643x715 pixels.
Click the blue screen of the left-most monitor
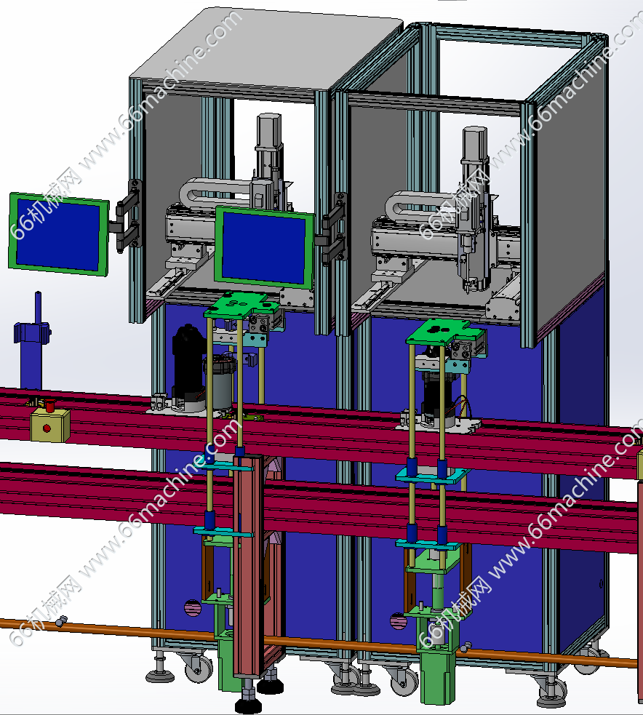tap(58, 234)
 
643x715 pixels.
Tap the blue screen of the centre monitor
tap(265, 249)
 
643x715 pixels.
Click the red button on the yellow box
tap(47, 428)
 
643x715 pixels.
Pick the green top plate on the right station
tap(438, 332)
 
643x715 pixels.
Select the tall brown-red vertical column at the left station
tap(249, 565)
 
